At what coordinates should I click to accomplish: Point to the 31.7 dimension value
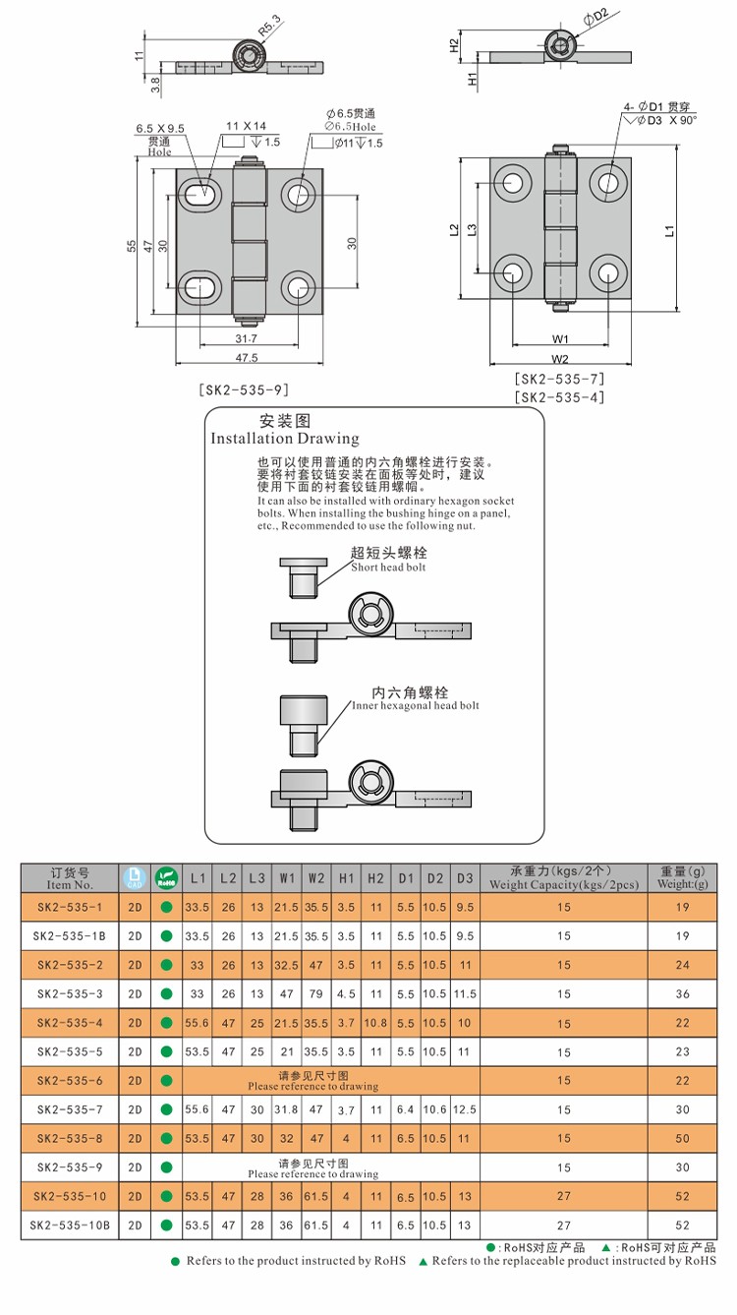point(247,338)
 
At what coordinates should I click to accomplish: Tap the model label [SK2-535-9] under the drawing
point(246,389)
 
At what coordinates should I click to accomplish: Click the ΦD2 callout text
point(595,14)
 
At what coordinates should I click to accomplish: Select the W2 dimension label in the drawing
point(560,358)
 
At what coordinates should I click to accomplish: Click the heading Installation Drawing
point(285,439)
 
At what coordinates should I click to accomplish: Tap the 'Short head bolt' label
point(389,568)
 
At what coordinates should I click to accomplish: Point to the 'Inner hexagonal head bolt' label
point(416,706)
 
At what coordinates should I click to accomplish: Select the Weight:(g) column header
point(682,884)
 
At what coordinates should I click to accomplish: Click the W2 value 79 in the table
point(316,993)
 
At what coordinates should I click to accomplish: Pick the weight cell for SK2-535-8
point(682,1138)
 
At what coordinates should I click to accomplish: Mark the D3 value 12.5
point(465,1109)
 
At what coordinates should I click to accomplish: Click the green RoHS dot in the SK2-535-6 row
point(166,1081)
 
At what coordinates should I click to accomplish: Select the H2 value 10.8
point(375,1023)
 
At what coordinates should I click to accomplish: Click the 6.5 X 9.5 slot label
point(161,129)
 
